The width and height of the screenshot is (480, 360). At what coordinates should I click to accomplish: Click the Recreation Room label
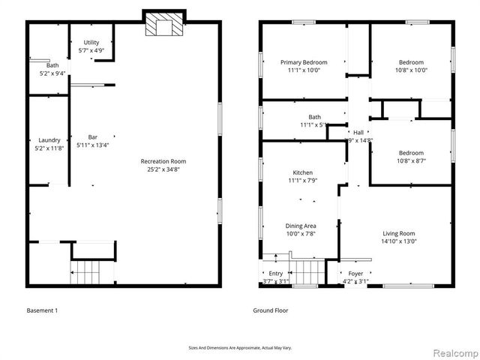(x=163, y=161)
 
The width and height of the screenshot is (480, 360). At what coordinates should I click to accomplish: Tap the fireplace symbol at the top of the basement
(x=163, y=25)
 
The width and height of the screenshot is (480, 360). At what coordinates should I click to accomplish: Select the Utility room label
(x=91, y=42)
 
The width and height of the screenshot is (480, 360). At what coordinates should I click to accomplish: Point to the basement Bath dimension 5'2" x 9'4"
(x=52, y=73)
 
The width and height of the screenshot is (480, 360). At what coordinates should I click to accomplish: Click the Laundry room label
(x=49, y=140)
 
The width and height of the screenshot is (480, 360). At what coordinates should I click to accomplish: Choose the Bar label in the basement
(x=93, y=137)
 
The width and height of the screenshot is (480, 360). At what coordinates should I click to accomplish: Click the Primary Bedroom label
(x=300, y=62)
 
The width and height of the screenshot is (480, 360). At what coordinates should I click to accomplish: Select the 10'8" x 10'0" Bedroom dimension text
(x=411, y=70)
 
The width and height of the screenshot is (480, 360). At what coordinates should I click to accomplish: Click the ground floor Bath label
(x=314, y=117)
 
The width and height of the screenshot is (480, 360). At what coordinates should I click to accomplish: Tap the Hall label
(x=358, y=133)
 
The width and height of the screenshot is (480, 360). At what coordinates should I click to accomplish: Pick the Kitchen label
(x=303, y=172)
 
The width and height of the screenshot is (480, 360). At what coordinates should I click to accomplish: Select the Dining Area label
(x=300, y=226)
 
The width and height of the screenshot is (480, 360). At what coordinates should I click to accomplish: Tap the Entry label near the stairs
(x=276, y=274)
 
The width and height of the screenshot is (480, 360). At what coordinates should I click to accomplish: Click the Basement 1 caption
(x=43, y=310)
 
